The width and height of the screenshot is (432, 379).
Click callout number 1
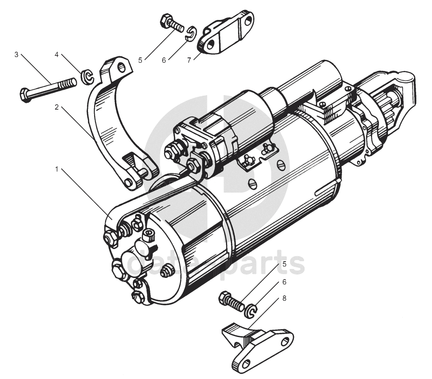[x=57, y=169]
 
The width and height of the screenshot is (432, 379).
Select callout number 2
[x=57, y=107]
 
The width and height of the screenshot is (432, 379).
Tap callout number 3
[x=16, y=54]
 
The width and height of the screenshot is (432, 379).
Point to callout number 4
[x=57, y=54]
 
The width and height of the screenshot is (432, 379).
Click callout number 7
[x=189, y=60]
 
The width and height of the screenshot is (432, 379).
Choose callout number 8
[x=284, y=298]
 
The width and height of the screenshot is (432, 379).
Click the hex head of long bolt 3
[x=25, y=95]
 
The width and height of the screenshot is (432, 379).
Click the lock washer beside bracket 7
[x=190, y=33]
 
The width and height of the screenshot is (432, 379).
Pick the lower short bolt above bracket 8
[x=231, y=302]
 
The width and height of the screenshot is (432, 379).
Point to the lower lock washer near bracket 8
[x=251, y=312]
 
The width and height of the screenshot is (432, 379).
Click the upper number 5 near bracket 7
[x=140, y=60]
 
